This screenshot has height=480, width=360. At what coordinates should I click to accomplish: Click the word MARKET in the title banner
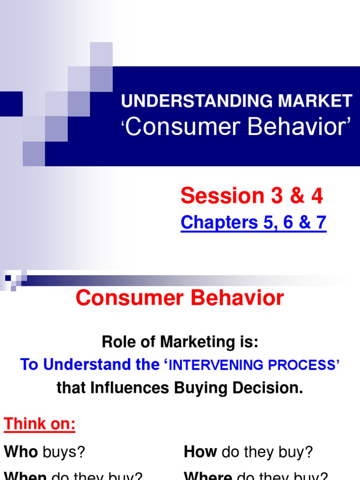pos(317,100)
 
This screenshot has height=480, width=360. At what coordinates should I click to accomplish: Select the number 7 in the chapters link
pos(321,223)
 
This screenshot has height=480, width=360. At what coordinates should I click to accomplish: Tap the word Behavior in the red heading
pos(234,298)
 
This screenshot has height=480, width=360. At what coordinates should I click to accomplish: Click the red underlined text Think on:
pos(40,425)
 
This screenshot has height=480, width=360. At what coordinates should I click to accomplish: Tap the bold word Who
pos(21,452)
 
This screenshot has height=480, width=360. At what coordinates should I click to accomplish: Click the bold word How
pos(200,452)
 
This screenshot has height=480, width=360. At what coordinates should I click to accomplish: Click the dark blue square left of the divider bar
pos(8,278)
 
